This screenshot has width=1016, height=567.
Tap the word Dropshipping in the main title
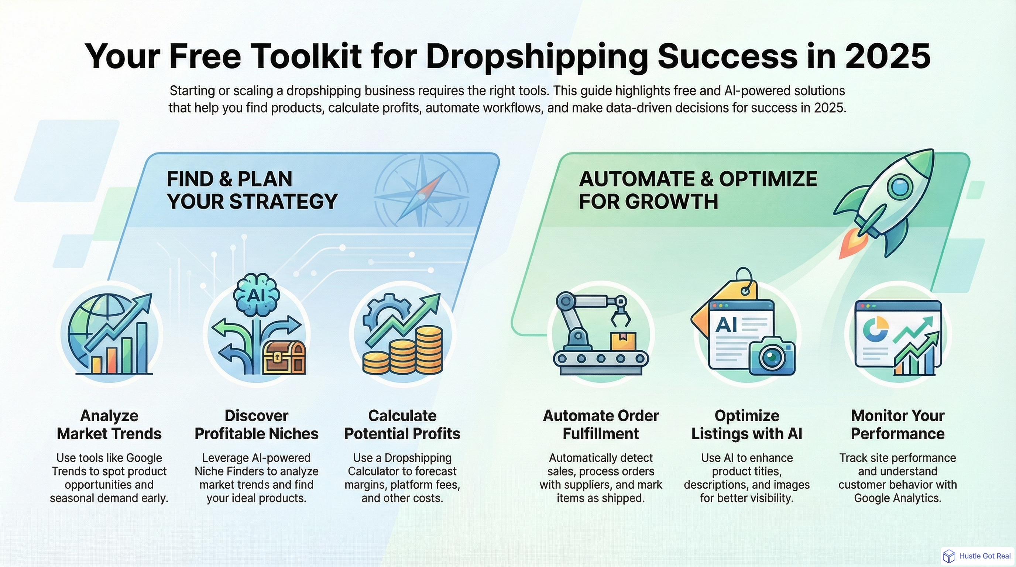[536, 56]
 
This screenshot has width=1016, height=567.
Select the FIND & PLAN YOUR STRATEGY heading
[252, 190]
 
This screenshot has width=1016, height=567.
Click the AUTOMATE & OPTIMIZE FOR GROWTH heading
[697, 190]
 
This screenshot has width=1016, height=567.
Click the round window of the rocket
[900, 186]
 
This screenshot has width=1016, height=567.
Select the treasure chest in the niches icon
[284, 357]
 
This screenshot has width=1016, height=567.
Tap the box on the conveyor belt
[623, 341]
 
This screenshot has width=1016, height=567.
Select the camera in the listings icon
[772, 357]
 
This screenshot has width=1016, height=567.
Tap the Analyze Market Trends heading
[109, 425]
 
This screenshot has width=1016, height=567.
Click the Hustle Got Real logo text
[985, 556]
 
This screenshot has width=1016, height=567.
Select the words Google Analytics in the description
[898, 498]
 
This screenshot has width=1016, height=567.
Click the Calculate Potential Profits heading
[402, 425]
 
